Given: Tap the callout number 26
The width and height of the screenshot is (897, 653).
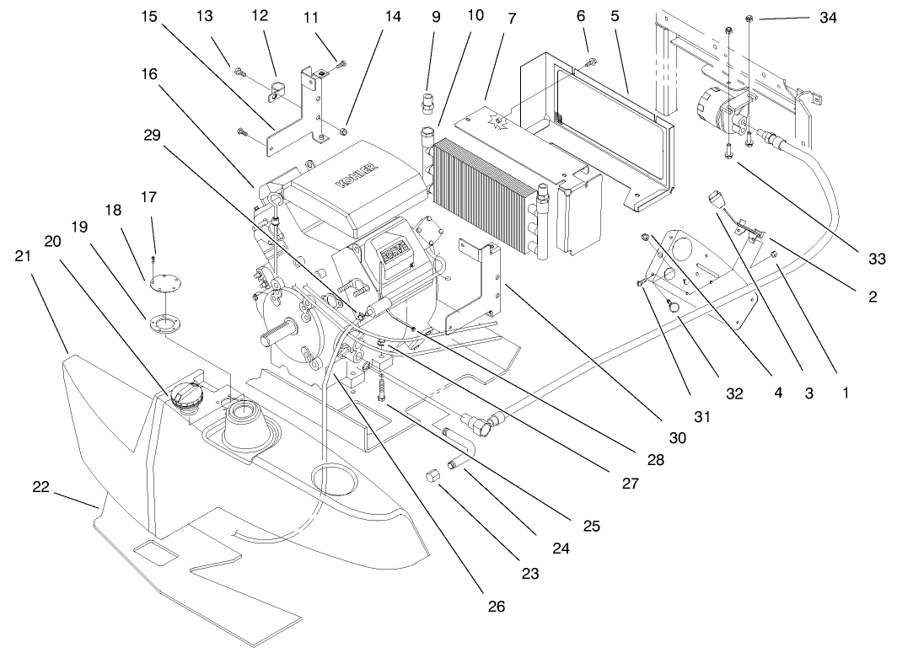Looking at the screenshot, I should [x=497, y=606].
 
